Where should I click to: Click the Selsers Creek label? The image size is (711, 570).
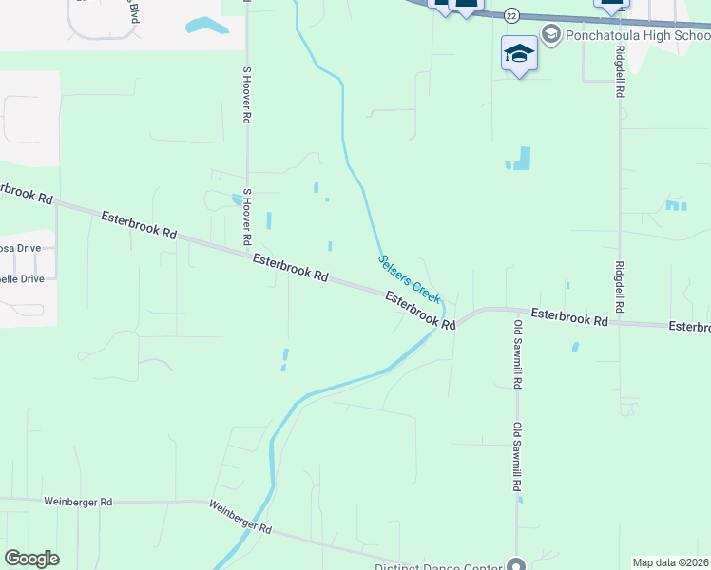(x=409, y=277)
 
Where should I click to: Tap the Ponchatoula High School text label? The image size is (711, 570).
(x=637, y=35)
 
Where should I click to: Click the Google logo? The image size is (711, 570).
(x=31, y=559)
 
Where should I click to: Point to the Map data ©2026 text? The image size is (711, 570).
(x=671, y=562)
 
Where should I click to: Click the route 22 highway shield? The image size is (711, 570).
(x=511, y=15)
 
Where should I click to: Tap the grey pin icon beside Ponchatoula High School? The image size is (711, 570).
(x=550, y=34)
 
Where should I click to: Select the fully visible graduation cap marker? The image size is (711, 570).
(x=519, y=54)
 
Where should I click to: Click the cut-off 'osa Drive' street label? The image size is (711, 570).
(x=20, y=248)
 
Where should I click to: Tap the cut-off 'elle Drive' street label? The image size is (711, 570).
(x=22, y=279)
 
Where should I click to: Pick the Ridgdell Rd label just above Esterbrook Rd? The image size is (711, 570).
(x=620, y=288)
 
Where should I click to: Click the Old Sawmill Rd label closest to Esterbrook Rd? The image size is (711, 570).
(x=518, y=354)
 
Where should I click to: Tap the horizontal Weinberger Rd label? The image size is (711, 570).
(x=78, y=501)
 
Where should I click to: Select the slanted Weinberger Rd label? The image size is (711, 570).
(x=240, y=517)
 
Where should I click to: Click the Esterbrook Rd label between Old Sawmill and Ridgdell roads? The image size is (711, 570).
(x=568, y=317)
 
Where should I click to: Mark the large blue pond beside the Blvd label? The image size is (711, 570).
(x=206, y=26)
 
